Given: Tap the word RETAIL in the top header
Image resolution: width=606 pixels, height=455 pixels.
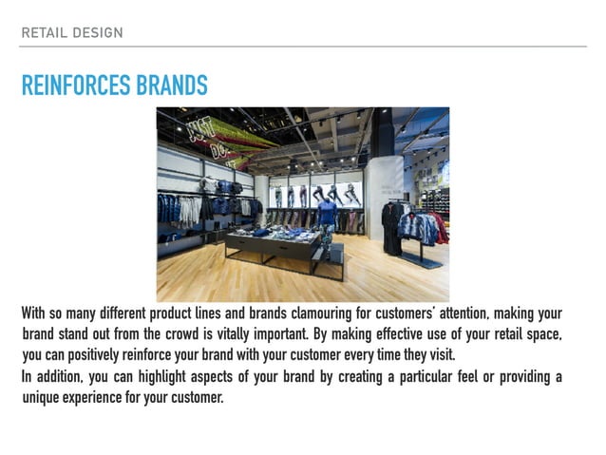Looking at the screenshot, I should pos(42,33).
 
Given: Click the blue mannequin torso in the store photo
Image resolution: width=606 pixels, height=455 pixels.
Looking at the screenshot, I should pos(327,214).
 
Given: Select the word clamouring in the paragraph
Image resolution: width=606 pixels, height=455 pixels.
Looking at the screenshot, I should pos(315,313).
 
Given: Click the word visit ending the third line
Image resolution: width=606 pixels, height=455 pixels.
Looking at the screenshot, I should pos(443,355).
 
